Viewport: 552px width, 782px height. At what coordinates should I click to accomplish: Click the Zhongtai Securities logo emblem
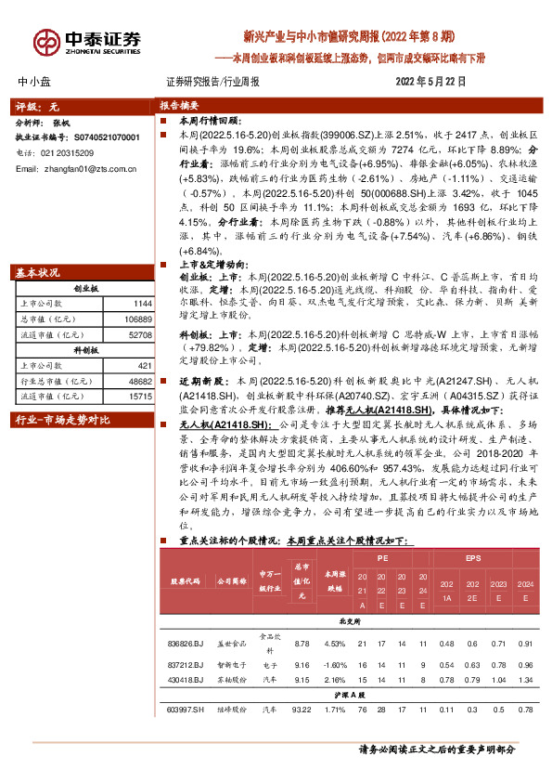(x=45, y=42)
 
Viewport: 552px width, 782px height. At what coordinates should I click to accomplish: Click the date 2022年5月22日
(x=430, y=82)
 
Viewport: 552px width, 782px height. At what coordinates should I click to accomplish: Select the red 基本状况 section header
(x=38, y=273)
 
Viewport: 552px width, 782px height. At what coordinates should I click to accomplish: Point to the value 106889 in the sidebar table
(x=137, y=318)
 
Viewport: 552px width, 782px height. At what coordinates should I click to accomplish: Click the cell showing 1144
(x=142, y=303)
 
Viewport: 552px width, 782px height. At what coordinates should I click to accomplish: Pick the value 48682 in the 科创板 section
(x=139, y=382)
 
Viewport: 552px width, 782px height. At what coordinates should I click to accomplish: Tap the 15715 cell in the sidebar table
(x=139, y=396)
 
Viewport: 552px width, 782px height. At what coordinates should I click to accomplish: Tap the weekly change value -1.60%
(x=335, y=664)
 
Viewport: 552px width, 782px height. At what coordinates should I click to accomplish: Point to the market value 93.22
(x=302, y=710)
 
